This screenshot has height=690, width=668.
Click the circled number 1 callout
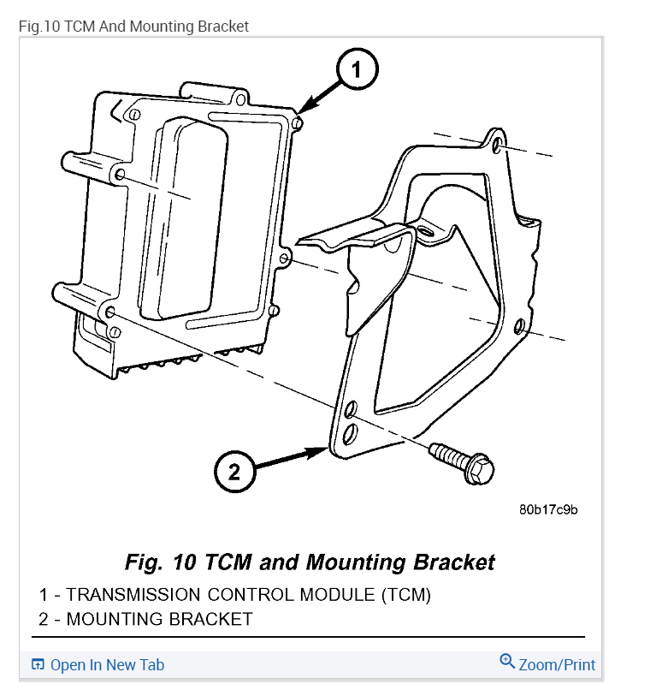[x=357, y=70]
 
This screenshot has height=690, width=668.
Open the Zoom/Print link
[x=557, y=664]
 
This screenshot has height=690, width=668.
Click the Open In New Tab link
[x=107, y=665]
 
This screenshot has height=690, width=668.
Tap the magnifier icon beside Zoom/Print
[x=507, y=663]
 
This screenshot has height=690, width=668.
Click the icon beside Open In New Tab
[x=38, y=665]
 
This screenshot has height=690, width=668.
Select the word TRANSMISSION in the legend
[x=131, y=594]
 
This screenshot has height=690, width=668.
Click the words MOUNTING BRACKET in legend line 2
[x=159, y=618]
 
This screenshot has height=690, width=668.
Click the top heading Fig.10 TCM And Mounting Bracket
[x=133, y=27]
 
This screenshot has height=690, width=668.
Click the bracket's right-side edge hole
[x=518, y=326]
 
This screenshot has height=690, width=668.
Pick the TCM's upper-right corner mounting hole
[x=297, y=124]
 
